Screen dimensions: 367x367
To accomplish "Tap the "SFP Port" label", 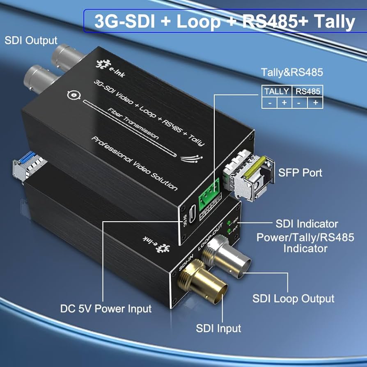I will (x=300, y=172).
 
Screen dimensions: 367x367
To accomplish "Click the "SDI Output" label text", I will (x=31, y=41).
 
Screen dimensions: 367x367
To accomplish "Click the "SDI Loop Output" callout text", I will (x=293, y=298).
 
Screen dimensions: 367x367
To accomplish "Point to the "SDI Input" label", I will (x=218, y=328).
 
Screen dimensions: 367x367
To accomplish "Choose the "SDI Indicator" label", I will (x=307, y=224).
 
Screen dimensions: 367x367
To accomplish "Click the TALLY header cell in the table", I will (x=277, y=91).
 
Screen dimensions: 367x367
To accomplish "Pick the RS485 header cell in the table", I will (x=307, y=91).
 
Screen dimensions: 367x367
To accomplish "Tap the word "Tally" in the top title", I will (x=330, y=21).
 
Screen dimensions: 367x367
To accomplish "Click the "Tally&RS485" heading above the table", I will (x=292, y=73).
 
